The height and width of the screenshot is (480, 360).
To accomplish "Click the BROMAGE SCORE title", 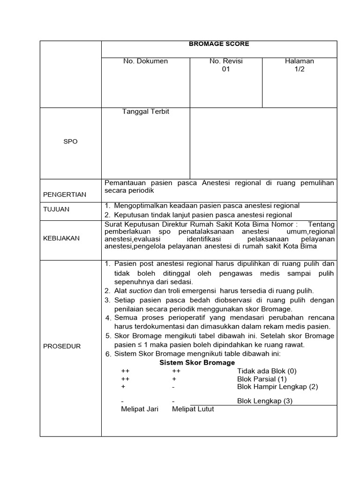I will point(219,44).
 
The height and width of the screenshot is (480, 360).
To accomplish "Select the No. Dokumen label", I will point(145,61).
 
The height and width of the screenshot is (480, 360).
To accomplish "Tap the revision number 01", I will point(226,69).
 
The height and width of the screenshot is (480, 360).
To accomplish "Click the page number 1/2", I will point(299,69).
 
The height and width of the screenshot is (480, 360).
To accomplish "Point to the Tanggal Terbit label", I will point(145,112).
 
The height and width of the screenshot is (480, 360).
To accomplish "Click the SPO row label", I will point(70,141).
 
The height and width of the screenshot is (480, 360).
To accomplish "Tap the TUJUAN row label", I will point(56,209).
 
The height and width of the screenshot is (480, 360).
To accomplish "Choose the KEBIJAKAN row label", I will point(61,238).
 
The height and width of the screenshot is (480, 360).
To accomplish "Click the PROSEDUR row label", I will point(62,346).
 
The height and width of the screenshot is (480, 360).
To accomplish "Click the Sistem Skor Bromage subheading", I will point(197,363).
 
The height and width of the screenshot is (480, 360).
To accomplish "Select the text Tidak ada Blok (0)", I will point(267,371).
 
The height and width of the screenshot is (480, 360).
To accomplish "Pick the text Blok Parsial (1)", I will point(262,379).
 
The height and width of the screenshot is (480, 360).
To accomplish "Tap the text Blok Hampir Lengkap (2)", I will point(277,387).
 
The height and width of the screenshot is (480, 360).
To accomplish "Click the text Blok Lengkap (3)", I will point(265,401).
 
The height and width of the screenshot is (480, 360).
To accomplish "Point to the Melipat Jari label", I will point(140,409).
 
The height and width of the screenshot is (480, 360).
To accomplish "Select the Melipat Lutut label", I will point(193,409).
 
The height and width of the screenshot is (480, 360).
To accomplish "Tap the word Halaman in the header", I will point(299,61).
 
